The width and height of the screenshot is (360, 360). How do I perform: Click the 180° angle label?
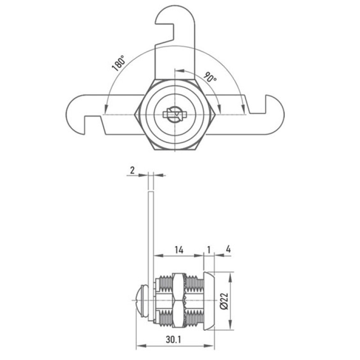[x=119, y=63]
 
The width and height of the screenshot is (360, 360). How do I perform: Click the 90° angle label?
[x=210, y=77]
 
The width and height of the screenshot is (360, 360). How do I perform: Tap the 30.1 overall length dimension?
[x=174, y=339]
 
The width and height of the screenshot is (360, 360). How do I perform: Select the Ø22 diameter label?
[x=224, y=301]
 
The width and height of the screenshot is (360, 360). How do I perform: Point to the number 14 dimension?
[x=179, y=250]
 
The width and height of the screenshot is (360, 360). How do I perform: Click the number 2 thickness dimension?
[x=132, y=171]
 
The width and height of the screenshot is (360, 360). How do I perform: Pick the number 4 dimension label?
[x=228, y=249]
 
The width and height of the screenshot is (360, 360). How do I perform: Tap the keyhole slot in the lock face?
[x=175, y=114]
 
